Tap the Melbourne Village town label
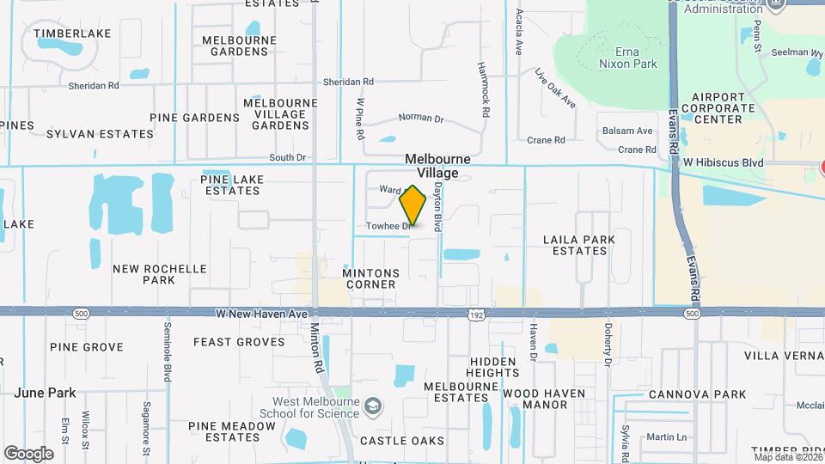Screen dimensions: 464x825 coord(437,167)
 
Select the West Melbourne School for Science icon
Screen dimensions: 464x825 coord(373,404)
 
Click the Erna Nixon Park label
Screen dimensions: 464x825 coord(628,57)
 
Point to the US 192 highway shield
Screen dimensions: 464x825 coord(475,316)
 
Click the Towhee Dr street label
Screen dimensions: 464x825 coord(389,226)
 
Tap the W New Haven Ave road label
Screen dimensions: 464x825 coord(250,315)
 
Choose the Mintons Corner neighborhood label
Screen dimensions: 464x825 coord(371,278)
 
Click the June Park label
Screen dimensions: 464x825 coord(45,393)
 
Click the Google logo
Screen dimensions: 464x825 coord(28,453)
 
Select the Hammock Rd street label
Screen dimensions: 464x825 coord(486,89)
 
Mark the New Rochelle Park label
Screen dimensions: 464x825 coord(160,274)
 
